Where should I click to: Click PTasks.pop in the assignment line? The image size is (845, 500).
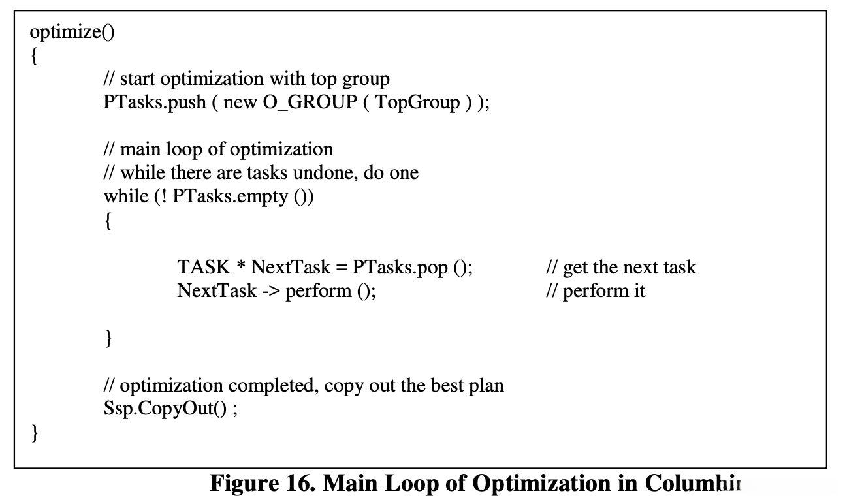pyautogui.click(x=400, y=267)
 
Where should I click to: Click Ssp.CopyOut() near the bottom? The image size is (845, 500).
pyautogui.click(x=164, y=409)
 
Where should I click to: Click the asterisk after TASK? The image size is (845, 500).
pyautogui.click(x=240, y=267)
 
